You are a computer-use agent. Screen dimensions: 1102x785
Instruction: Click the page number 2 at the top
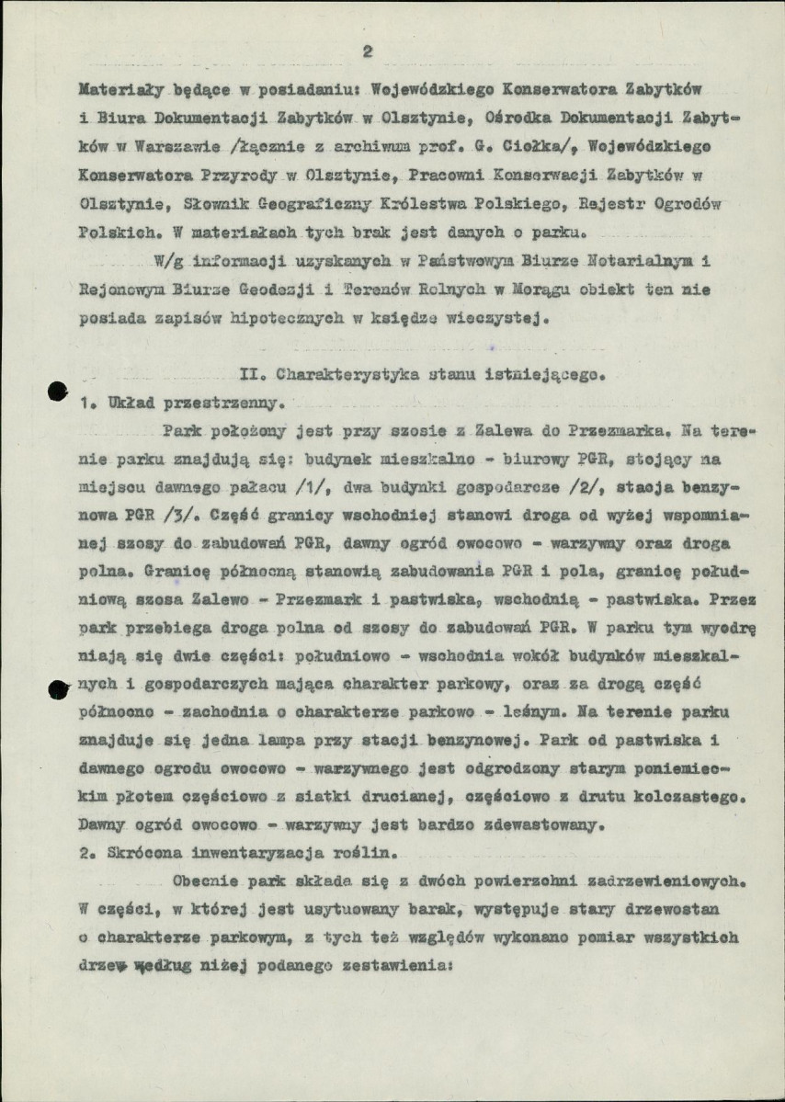367,51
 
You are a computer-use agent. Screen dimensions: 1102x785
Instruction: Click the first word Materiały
114,91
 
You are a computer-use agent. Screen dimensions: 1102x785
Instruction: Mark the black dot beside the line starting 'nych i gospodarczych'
57,687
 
